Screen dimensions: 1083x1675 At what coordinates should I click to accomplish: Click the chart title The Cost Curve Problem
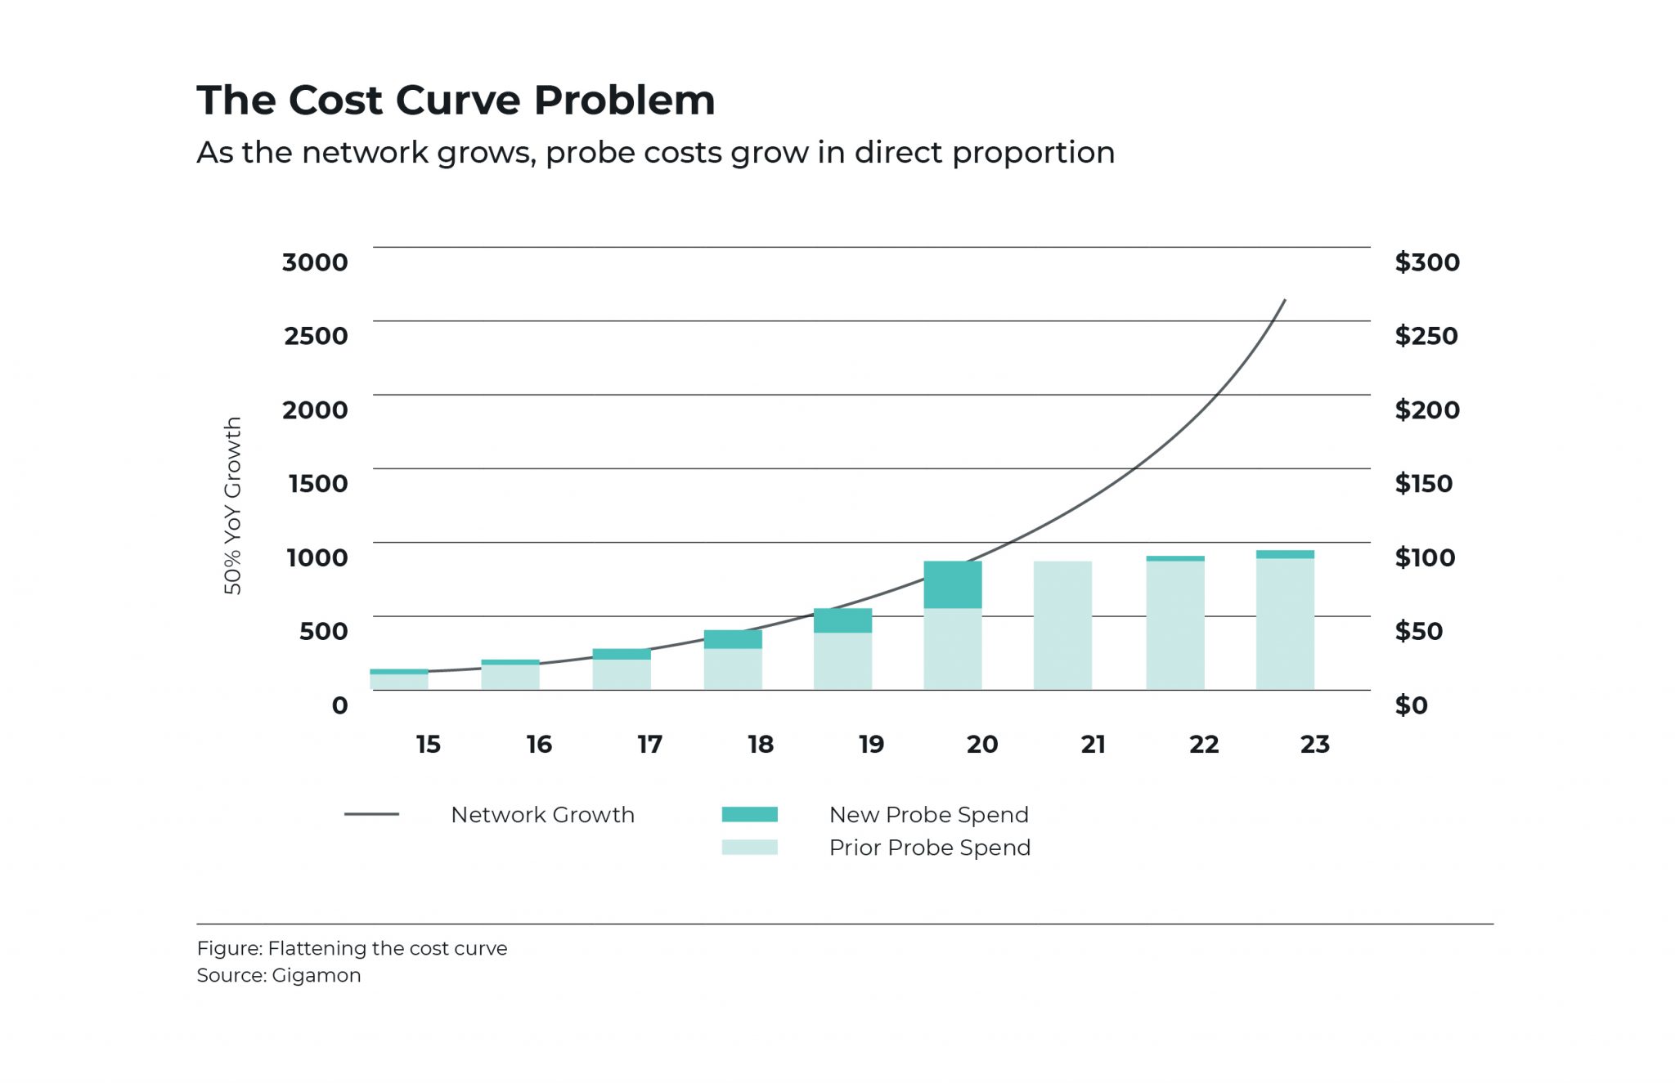point(456,101)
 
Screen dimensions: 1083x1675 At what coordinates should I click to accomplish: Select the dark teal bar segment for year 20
point(953,584)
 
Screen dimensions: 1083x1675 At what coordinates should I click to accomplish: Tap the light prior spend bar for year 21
point(1062,625)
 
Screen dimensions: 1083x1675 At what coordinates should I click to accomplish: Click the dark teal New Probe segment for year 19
point(842,620)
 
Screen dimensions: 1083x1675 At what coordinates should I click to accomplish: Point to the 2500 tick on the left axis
point(316,336)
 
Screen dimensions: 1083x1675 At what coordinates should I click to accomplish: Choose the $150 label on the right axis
point(1423,484)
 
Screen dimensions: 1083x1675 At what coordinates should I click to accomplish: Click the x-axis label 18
point(760,745)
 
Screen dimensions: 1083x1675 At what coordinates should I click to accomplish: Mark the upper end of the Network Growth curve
point(1284,302)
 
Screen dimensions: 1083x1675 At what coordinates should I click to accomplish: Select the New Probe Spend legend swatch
point(749,815)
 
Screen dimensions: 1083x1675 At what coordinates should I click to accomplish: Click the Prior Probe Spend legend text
point(929,848)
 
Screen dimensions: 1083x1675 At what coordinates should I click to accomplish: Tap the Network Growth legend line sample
point(371,814)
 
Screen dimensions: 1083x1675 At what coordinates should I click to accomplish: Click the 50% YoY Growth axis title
point(233,505)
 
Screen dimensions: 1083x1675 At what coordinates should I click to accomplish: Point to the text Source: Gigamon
point(278,975)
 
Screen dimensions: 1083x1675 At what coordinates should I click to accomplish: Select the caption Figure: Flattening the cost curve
point(352,948)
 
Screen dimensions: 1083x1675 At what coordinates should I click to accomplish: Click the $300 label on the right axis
point(1426,262)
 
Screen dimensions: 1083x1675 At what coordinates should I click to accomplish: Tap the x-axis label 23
point(1314,745)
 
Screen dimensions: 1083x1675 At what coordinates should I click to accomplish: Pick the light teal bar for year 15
point(399,682)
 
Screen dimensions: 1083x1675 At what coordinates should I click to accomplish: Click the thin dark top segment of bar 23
point(1285,554)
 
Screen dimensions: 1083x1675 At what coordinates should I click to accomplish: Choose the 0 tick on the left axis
point(339,705)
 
